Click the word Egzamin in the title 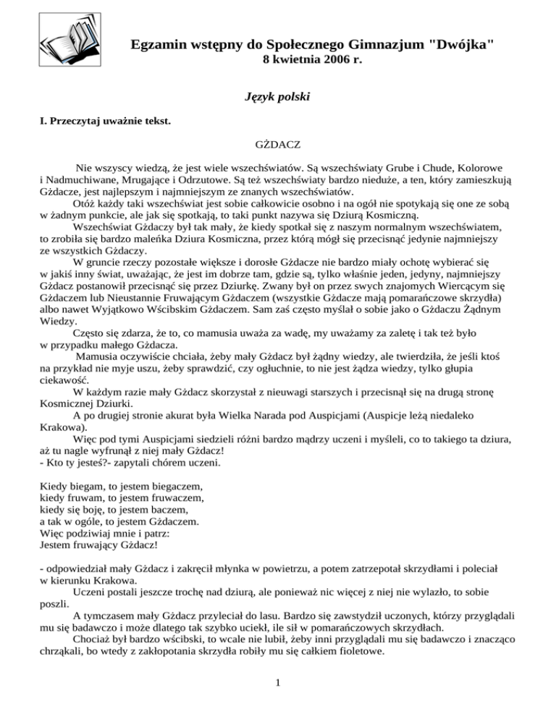159,45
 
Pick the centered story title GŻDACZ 278,146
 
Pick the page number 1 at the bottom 278,684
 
